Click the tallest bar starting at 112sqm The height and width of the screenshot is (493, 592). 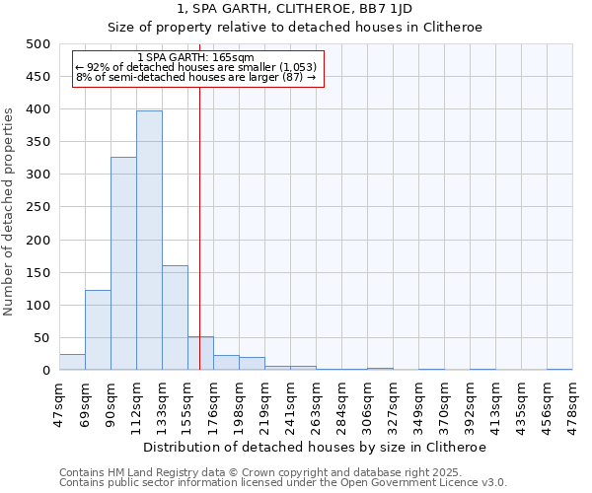coord(149,241)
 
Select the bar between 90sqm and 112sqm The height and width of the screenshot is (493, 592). coord(123,263)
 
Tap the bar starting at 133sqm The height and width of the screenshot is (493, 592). coord(175,317)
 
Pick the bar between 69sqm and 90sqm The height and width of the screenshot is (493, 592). coord(98,330)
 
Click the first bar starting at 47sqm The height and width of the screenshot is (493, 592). coord(72,362)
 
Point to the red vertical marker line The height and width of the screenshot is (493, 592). coord(200,227)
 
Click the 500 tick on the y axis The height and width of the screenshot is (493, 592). coord(39,44)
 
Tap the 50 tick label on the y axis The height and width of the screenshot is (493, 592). coord(43,338)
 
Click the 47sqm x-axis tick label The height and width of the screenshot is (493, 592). coord(59,404)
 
